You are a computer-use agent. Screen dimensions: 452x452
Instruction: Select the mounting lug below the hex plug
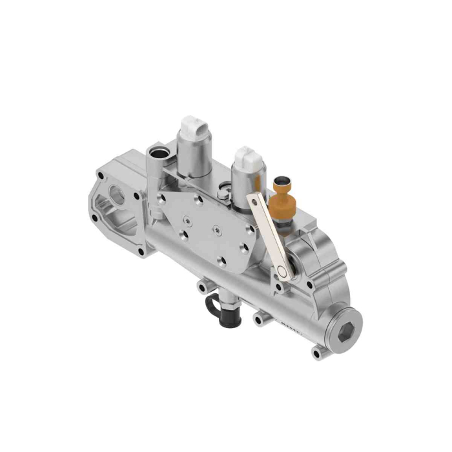point(316,353)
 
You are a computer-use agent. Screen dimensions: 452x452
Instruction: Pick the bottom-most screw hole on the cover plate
point(221,262)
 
